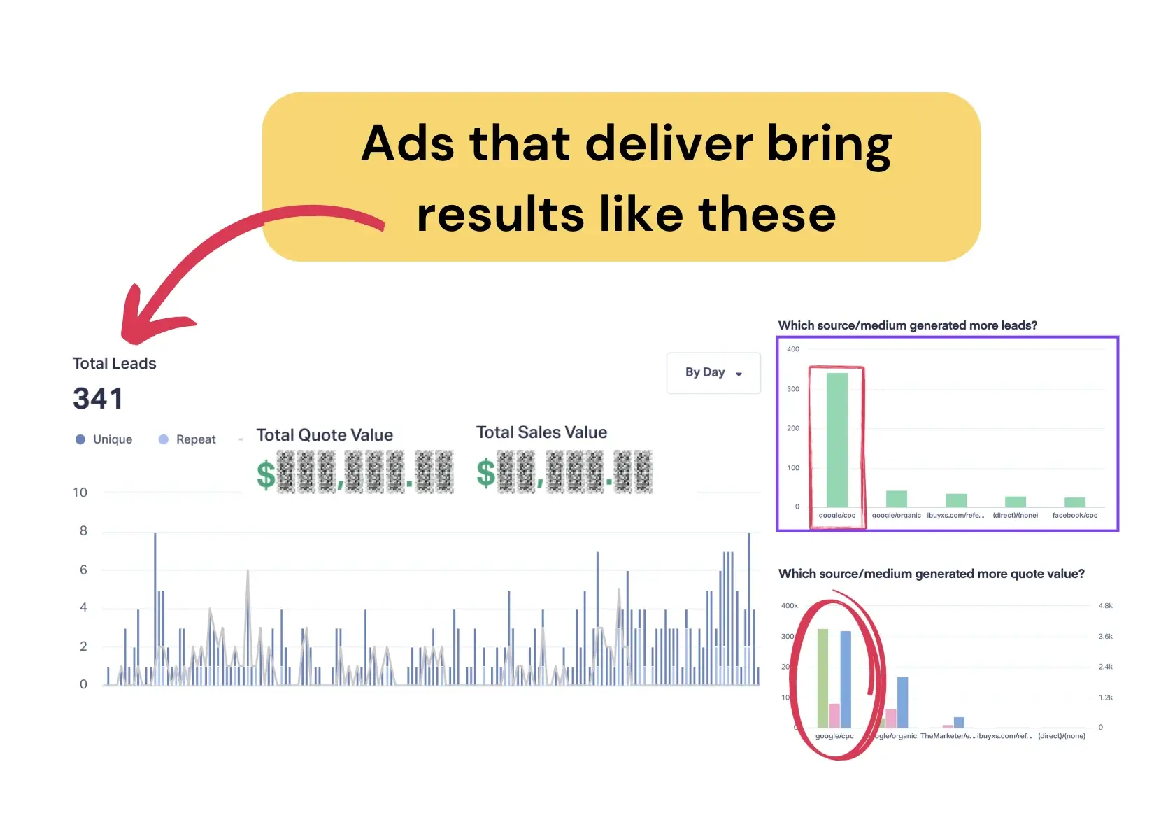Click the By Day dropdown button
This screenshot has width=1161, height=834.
pos(713,373)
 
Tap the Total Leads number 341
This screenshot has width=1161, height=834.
pos(98,399)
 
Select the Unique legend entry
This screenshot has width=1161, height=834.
pos(104,439)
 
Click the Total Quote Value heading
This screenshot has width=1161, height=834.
pos(325,435)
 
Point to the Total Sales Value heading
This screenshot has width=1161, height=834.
pos(541,432)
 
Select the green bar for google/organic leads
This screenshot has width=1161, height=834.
pos(896,499)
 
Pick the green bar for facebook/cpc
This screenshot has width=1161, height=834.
pos(1074,502)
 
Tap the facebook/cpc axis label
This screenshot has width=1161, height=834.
pos(1074,516)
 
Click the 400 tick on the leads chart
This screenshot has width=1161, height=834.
pos(792,349)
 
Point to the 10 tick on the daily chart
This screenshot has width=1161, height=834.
pos(80,493)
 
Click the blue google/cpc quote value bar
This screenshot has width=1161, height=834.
pos(846,679)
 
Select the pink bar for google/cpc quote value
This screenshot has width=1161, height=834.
pos(834,716)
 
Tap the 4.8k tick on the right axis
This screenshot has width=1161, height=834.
pos(1105,606)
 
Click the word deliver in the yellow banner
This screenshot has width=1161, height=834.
pos(668,143)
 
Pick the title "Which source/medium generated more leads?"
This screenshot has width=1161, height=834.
pos(907,325)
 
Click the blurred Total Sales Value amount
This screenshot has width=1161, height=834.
pos(564,472)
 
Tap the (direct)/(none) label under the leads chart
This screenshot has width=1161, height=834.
pos(1015,516)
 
